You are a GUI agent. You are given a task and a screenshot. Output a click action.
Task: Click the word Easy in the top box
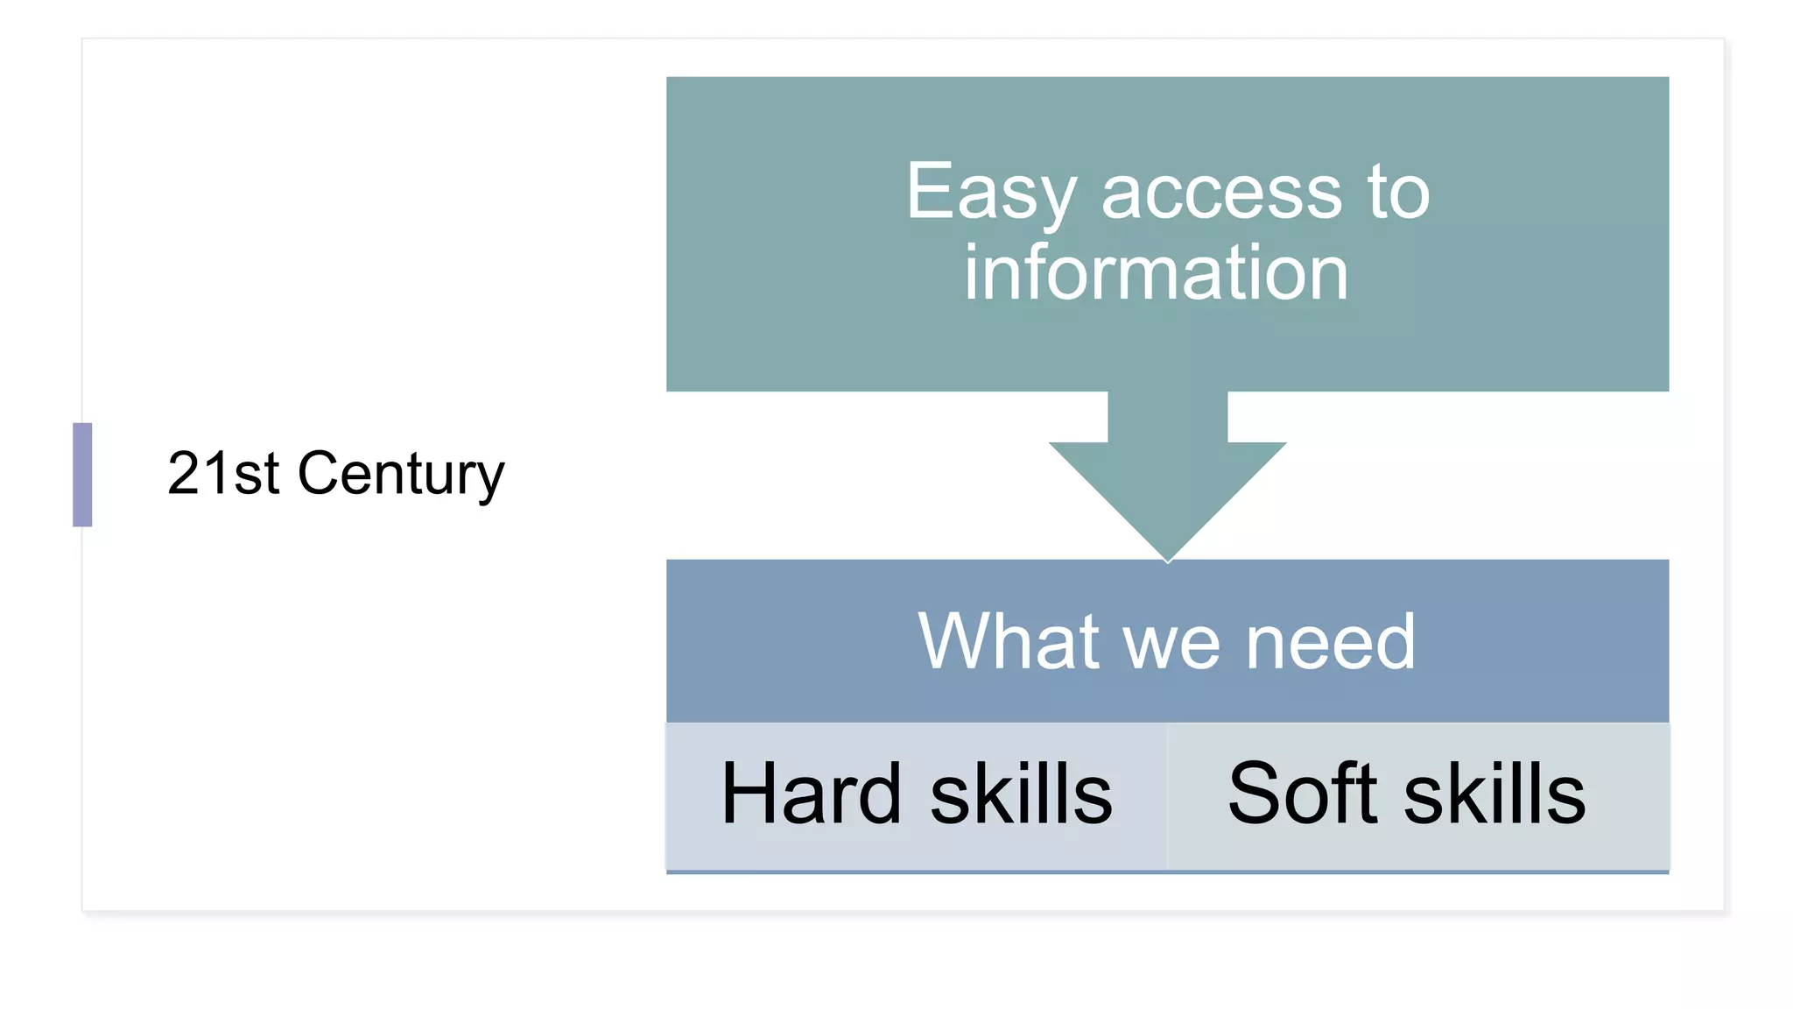[990, 194]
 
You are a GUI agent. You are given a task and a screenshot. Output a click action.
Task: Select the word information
[1156, 273]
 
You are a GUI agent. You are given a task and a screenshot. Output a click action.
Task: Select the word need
[1330, 642]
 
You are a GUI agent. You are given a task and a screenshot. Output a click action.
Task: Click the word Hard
[811, 794]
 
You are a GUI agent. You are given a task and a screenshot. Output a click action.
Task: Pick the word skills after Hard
[1021, 794]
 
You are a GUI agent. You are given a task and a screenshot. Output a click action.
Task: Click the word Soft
[1303, 794]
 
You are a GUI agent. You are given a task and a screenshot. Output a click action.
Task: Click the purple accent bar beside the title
[82, 475]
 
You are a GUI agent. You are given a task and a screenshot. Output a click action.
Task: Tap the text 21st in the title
[223, 474]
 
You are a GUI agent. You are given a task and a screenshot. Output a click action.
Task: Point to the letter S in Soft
[1254, 794]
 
